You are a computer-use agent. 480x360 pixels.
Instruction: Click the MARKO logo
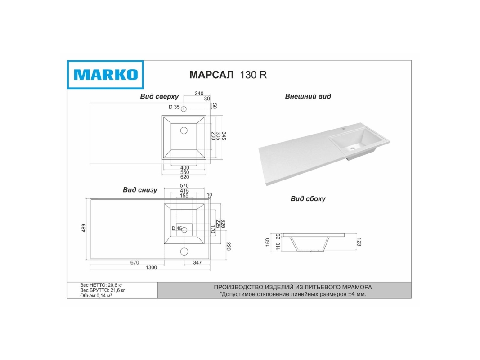coord(105,75)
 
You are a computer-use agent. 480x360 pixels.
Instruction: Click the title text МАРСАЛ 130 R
coord(228,75)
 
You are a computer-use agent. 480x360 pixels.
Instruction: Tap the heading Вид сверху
coord(159,97)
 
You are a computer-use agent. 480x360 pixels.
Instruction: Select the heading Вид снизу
coord(140,190)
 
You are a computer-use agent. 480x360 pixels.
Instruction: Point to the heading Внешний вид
coord(308,96)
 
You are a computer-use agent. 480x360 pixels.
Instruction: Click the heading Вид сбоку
coord(308,199)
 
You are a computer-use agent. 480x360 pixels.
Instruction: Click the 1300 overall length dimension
coord(151,267)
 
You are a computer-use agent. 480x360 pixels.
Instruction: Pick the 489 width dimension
coord(84,228)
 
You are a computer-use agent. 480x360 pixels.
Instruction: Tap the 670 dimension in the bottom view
coord(135,262)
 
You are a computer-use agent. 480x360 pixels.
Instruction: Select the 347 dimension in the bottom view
coord(197,262)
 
